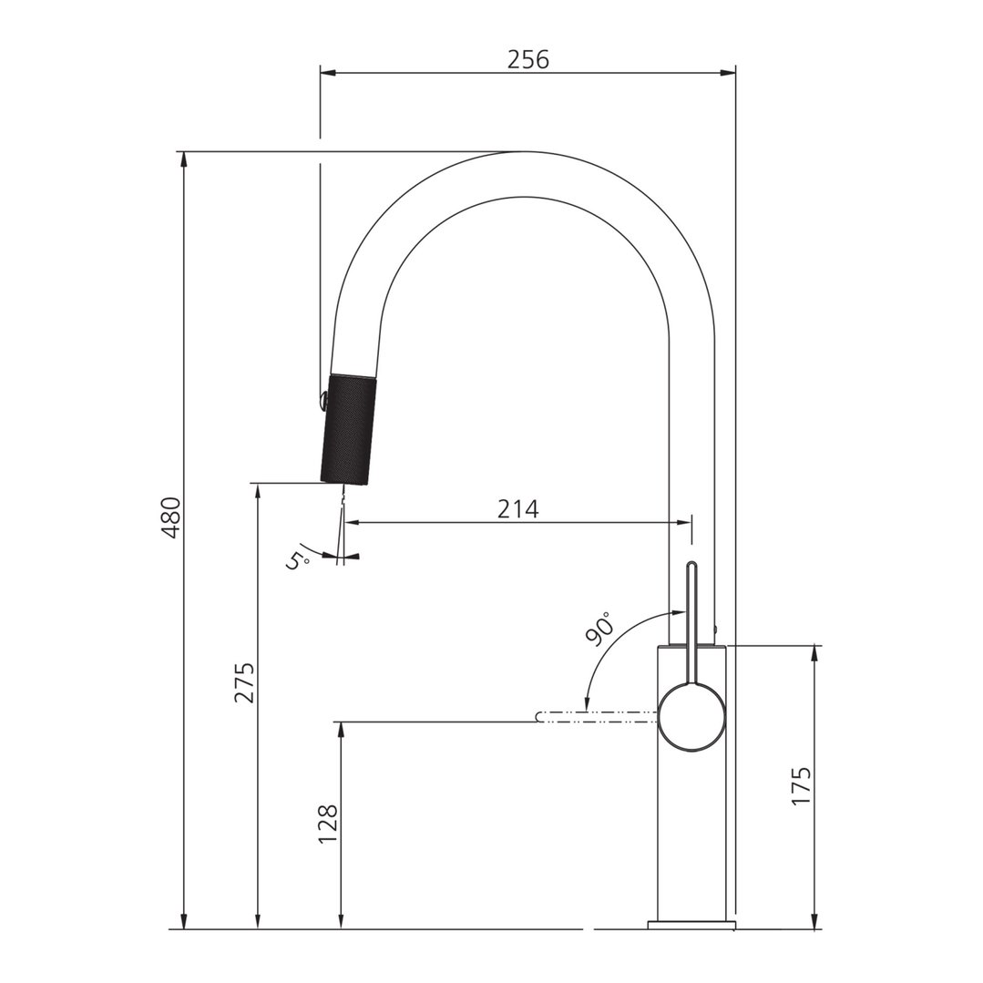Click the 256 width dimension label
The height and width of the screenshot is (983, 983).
pos(528,59)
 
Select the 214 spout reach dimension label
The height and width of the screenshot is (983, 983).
pos(517,509)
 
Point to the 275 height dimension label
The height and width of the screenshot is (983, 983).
pos(244,682)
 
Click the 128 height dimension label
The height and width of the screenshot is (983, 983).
pos(327,824)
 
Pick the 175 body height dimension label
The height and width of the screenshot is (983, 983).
pos(801,786)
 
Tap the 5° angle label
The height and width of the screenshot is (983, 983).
pos(298,558)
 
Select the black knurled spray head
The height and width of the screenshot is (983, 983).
pos(347,428)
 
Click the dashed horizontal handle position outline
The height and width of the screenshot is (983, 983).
pos(597,717)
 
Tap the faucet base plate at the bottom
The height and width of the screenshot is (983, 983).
pos(691,926)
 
